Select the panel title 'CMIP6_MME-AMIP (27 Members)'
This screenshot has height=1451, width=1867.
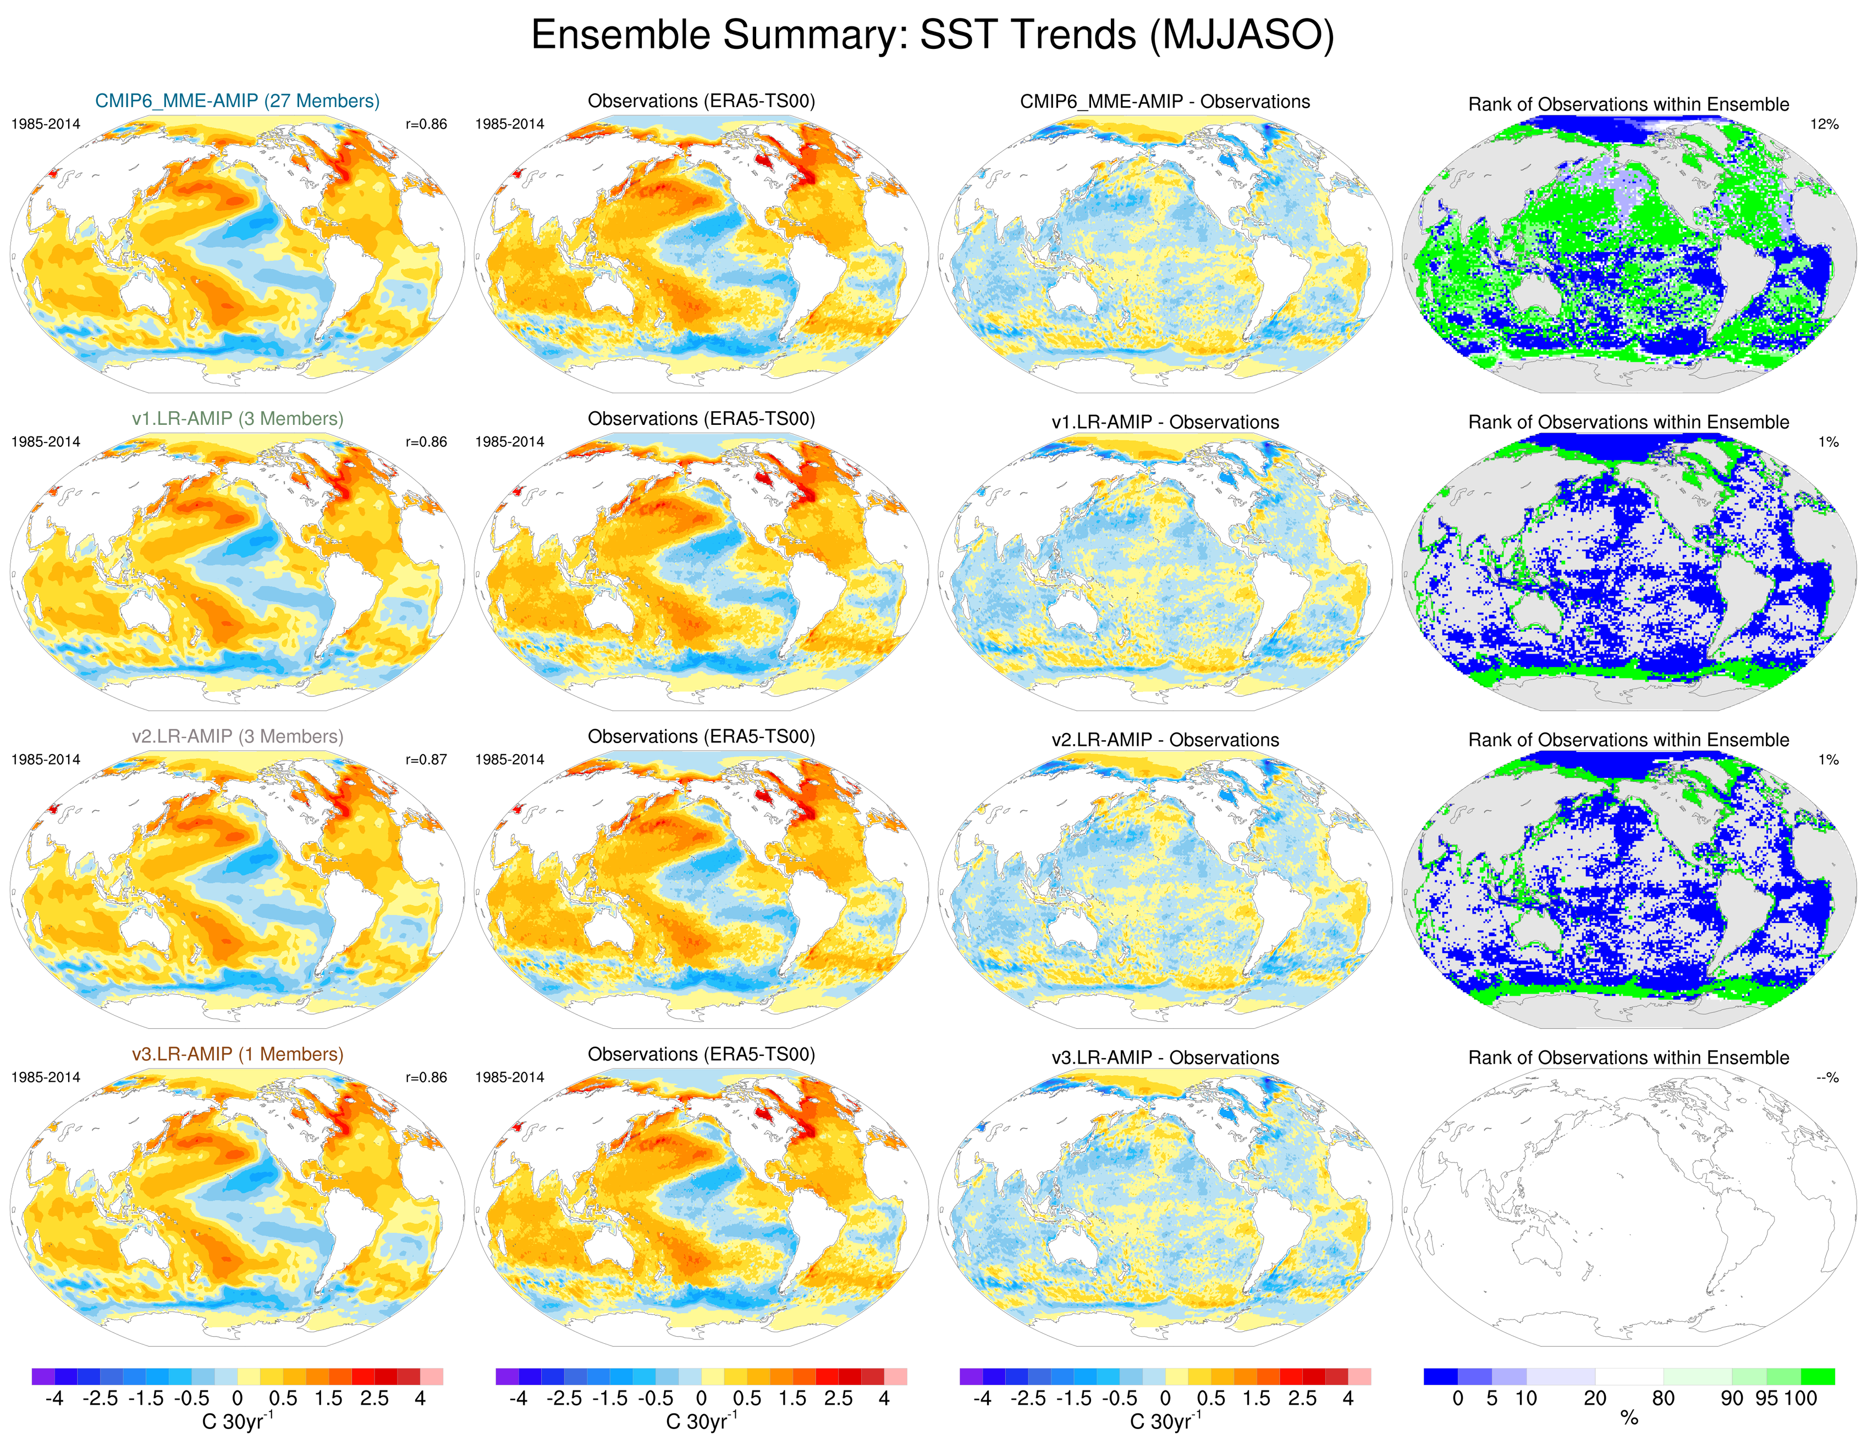[x=237, y=101]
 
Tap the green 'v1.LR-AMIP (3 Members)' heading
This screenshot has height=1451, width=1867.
[x=237, y=419]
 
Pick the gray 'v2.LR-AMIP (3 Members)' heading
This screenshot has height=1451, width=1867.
[x=237, y=736]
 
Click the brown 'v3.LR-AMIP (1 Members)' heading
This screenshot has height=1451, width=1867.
[x=237, y=1055]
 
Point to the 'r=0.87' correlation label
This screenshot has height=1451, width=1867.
[x=426, y=760]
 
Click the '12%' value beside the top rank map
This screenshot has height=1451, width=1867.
[x=1824, y=124]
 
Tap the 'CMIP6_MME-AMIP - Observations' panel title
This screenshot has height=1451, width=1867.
[x=1164, y=102]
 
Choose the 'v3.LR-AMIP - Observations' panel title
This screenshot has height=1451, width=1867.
[x=1164, y=1058]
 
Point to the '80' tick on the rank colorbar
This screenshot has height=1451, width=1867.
[x=1662, y=1399]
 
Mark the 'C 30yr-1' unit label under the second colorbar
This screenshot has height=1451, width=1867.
[x=701, y=1421]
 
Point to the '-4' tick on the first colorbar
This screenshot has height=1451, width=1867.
[x=54, y=1399]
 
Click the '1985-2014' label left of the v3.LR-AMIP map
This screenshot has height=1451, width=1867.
[x=45, y=1078]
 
